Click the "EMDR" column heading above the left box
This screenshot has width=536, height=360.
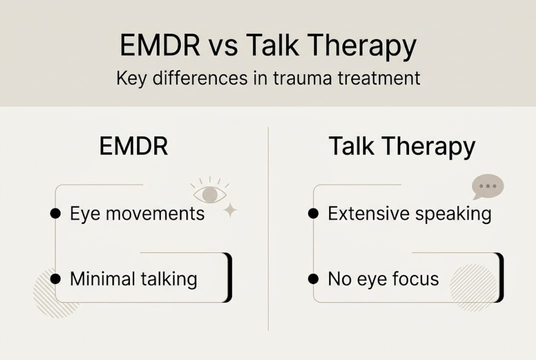(133, 147)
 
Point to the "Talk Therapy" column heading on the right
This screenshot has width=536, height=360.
(402, 147)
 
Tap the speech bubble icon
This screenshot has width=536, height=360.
(488, 186)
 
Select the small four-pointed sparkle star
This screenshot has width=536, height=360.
(230, 211)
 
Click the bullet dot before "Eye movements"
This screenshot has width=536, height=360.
(55, 214)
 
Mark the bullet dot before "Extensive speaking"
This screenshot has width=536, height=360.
(313, 214)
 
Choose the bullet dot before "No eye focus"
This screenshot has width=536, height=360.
(313, 278)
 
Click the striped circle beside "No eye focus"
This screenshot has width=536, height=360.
(473, 286)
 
